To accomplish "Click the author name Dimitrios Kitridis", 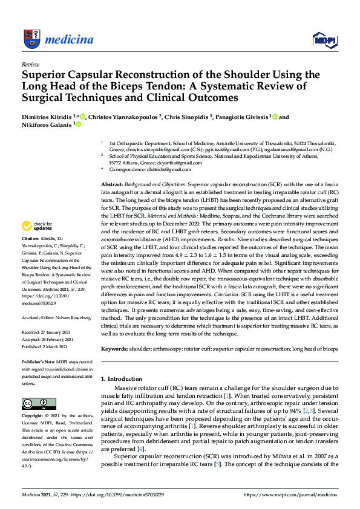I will tap(47, 117).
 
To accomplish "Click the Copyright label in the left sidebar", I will tap(34, 416).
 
